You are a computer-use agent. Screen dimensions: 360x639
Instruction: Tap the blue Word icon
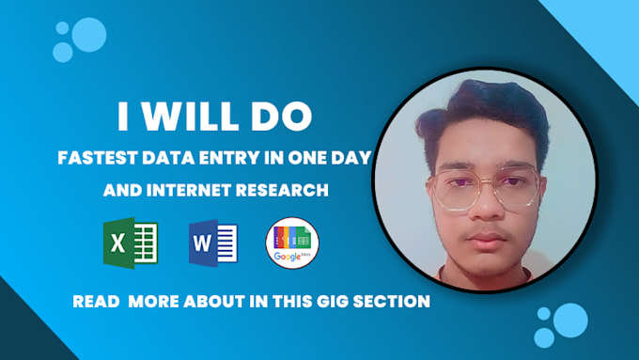pyautogui.click(x=211, y=243)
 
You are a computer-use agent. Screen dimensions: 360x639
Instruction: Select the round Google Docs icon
pyautogui.click(x=292, y=243)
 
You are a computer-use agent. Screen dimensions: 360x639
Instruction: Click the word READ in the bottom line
pyautogui.click(x=96, y=302)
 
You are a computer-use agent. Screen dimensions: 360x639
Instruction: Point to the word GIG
pyautogui.click(x=343, y=302)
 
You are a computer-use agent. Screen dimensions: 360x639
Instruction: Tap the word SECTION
pyautogui.click(x=397, y=302)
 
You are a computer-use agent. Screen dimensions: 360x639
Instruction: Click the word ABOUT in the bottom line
pyautogui.click(x=207, y=302)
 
